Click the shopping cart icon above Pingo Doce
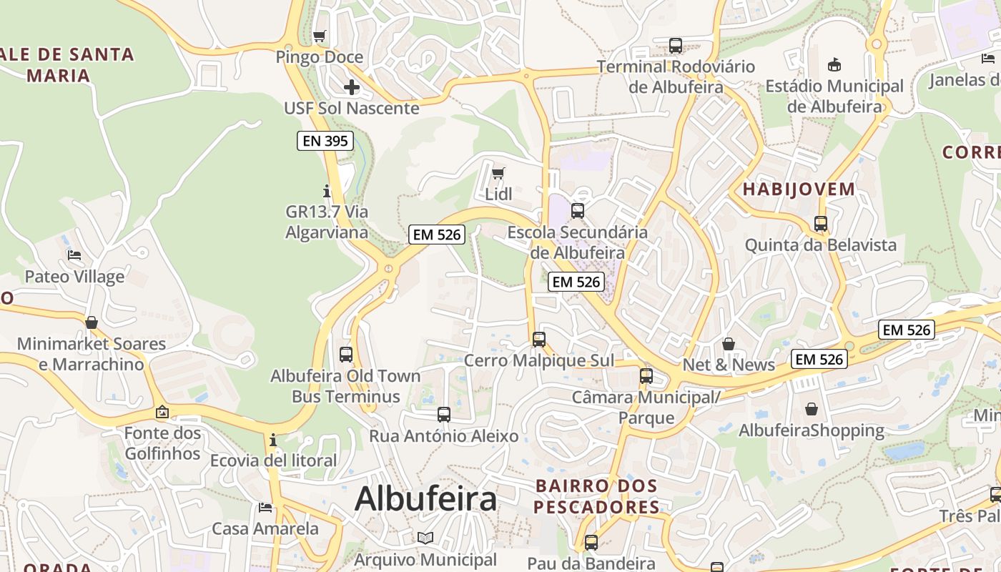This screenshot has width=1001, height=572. (x=320, y=36)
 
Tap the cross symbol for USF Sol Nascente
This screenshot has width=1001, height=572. (x=351, y=87)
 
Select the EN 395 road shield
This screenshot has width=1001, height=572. (x=325, y=141)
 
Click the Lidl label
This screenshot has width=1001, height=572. (x=498, y=194)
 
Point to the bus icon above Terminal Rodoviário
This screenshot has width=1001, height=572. (x=676, y=46)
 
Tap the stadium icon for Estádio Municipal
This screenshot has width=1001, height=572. (x=834, y=65)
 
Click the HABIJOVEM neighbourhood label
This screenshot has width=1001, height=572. (x=799, y=189)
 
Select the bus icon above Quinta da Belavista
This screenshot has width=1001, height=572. (x=821, y=224)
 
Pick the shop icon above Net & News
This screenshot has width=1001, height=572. (x=729, y=344)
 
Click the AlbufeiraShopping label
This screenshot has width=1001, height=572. (x=812, y=430)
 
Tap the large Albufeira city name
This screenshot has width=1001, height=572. (x=425, y=498)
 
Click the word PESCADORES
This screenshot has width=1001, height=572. (x=596, y=508)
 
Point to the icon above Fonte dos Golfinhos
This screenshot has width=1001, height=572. (x=162, y=412)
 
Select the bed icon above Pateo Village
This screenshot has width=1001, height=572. (x=74, y=255)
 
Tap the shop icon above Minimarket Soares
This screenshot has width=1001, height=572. (x=92, y=322)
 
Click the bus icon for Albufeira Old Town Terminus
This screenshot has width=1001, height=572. (x=346, y=354)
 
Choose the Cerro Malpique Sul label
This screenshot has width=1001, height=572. (x=539, y=360)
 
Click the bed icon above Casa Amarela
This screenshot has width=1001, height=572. (x=265, y=508)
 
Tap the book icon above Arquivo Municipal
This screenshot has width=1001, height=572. (x=425, y=538)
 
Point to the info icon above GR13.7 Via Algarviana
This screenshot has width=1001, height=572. (x=327, y=191)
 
